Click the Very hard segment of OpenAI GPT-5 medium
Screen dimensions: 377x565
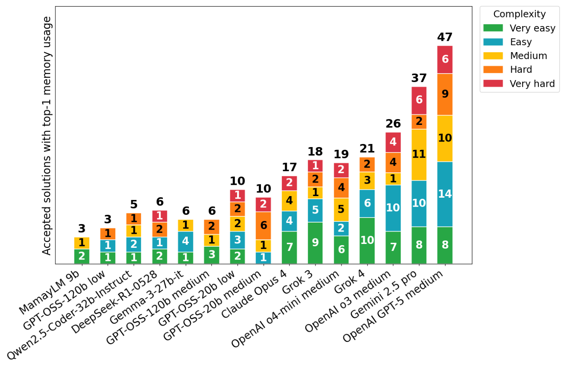(445, 60)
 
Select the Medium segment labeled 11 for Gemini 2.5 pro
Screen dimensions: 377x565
(419, 154)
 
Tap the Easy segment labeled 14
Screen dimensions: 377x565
(445, 194)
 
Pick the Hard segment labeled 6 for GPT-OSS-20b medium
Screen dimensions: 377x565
(264, 225)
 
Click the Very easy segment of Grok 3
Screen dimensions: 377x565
(315, 243)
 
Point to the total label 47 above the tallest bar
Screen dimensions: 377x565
(445, 37)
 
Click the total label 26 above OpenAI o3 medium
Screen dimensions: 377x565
(393, 124)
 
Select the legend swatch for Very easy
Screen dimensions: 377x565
(493, 28)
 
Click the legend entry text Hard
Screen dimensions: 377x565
(521, 70)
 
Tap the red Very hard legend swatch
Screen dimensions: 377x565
(493, 83)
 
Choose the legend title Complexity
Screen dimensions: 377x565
(519, 14)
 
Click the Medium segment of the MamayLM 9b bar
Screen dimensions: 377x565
(82, 243)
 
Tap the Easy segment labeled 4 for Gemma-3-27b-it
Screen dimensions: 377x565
(186, 241)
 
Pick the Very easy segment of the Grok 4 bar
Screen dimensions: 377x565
(367, 240)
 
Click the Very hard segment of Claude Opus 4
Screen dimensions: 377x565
(289, 183)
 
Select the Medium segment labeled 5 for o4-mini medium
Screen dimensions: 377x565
(341, 209)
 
